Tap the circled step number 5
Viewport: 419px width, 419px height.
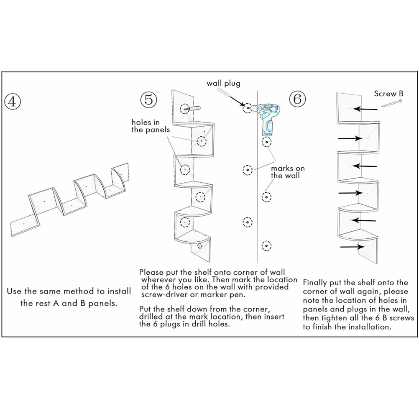coord(148,100)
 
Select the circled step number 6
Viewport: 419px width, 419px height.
coord(297,100)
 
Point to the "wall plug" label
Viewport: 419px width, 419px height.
coord(223,84)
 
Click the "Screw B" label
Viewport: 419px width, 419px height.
coord(388,93)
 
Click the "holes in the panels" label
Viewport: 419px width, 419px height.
coord(151,126)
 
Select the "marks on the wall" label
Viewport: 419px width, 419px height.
coord(288,172)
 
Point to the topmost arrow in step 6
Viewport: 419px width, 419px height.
coord(367,109)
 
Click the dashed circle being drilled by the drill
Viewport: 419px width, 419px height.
coord(248,108)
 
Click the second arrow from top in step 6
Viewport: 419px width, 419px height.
coord(350,138)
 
